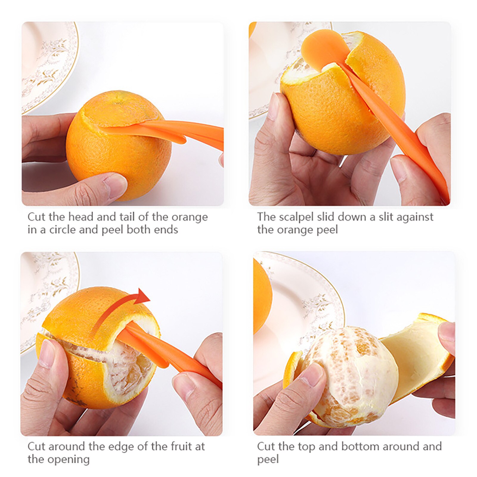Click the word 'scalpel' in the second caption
(295, 217)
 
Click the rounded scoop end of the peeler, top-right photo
(323, 48)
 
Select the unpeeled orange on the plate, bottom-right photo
(262, 298)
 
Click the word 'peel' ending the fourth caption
(268, 459)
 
